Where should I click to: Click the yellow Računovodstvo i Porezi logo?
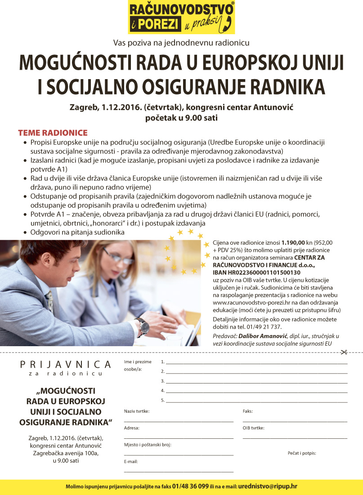tap(181, 17)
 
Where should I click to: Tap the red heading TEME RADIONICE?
tap(53, 133)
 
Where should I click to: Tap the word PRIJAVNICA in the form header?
tap(65, 364)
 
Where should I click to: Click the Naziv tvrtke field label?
tap(137, 411)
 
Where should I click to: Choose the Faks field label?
tap(247, 411)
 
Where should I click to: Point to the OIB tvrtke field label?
tap(253, 428)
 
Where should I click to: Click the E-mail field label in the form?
tap(131, 461)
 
